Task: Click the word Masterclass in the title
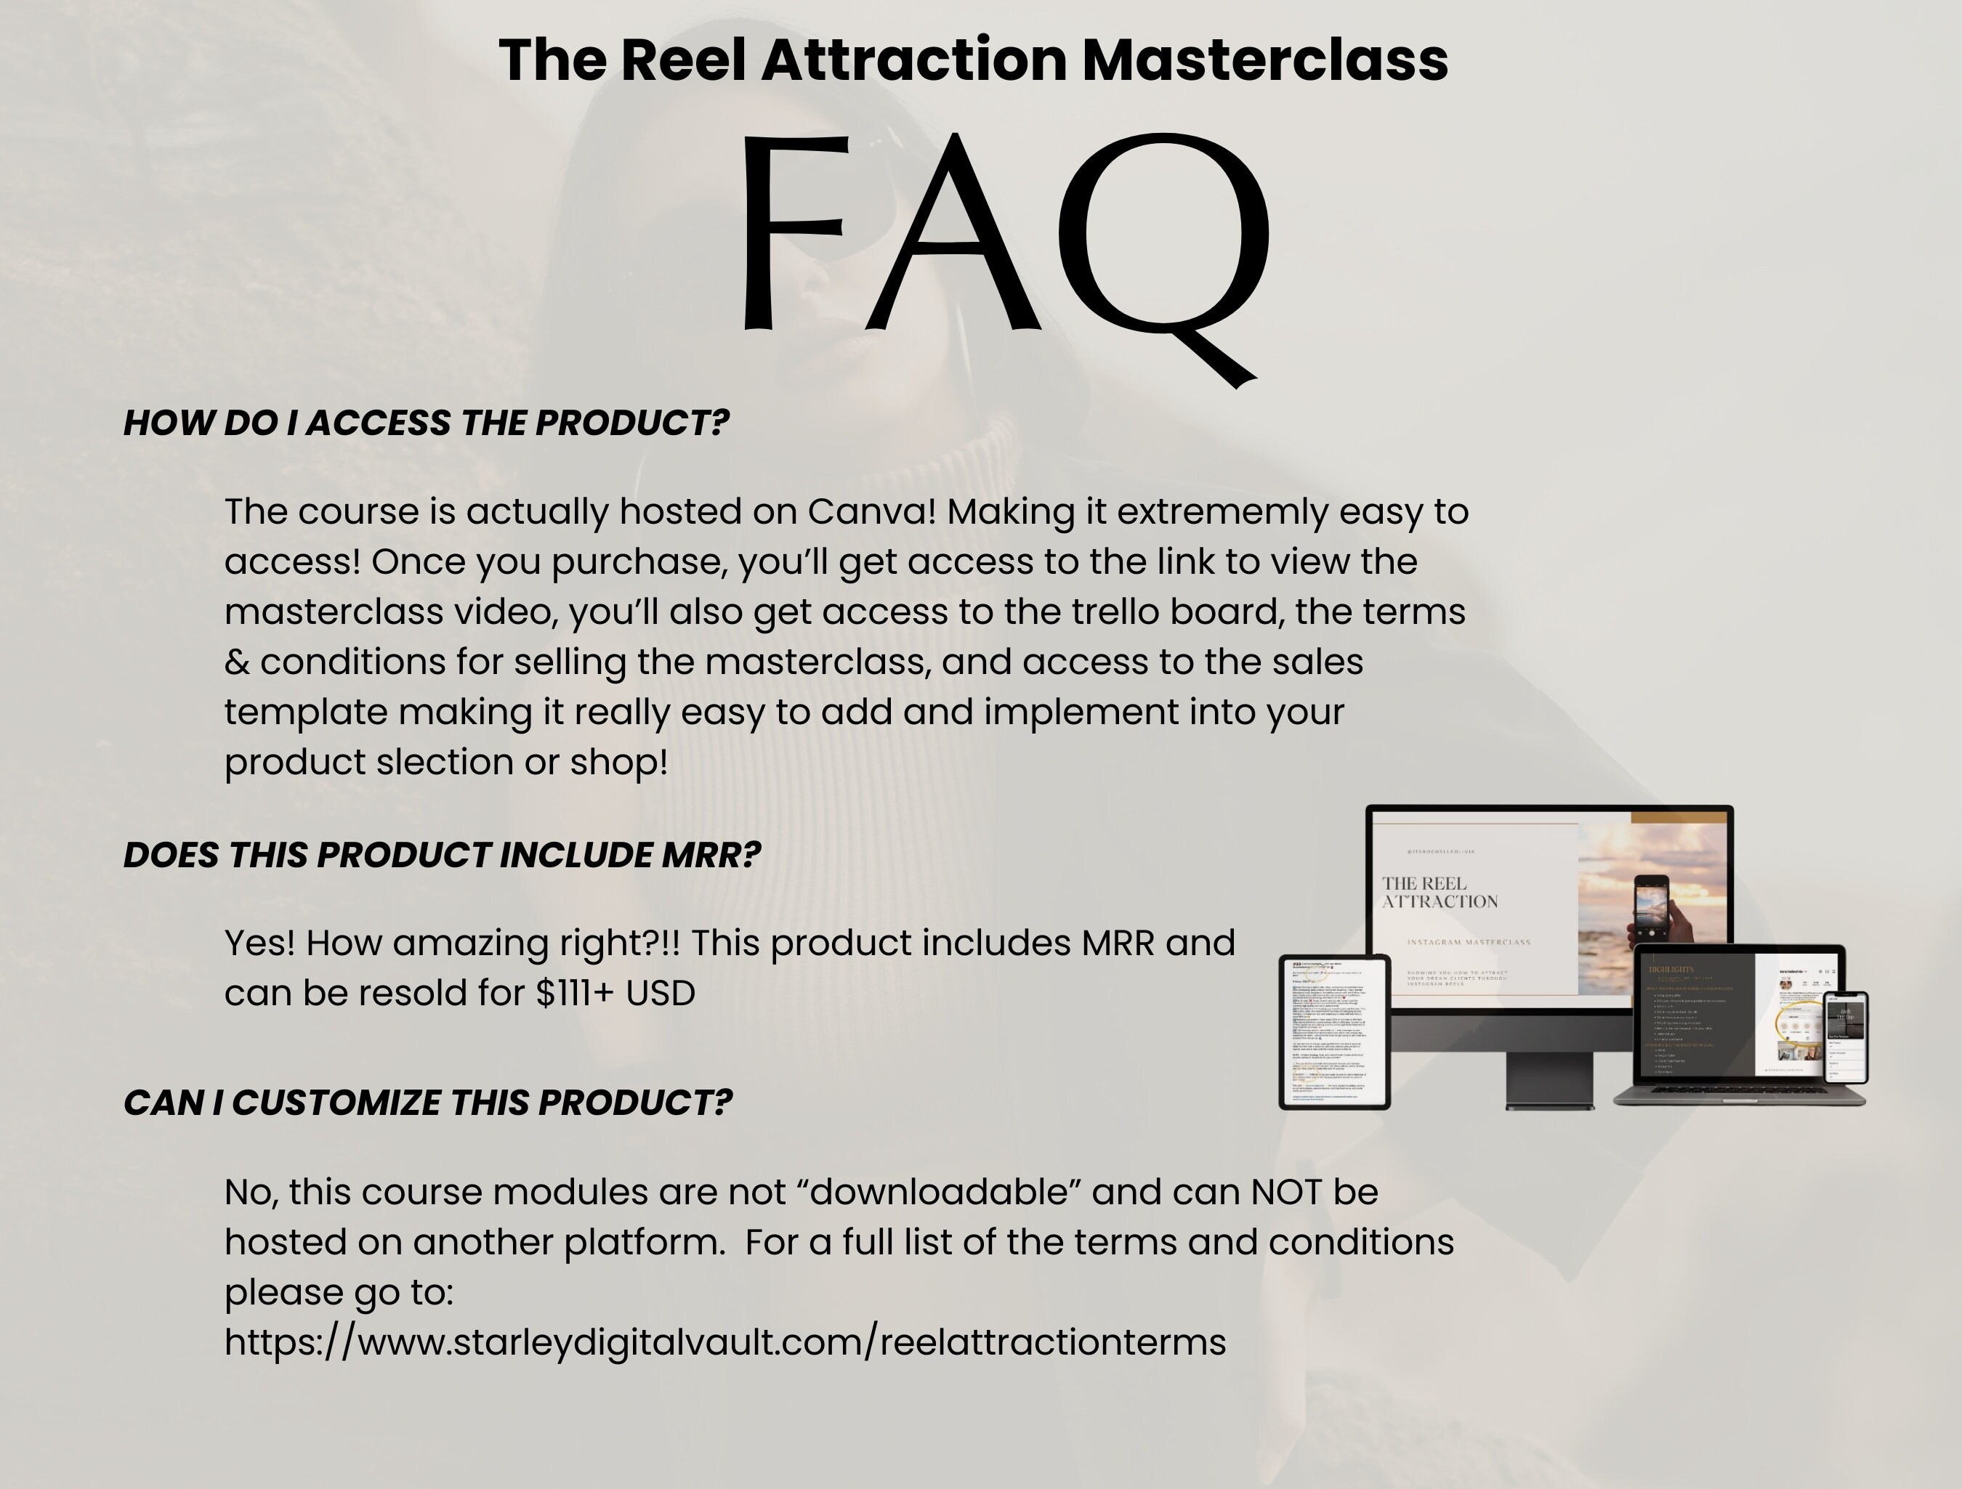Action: [1265, 60]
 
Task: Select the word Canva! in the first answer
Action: [872, 511]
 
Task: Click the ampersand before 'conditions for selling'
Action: [237, 662]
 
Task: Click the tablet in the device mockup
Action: [1334, 1032]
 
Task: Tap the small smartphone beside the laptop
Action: [1845, 1038]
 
